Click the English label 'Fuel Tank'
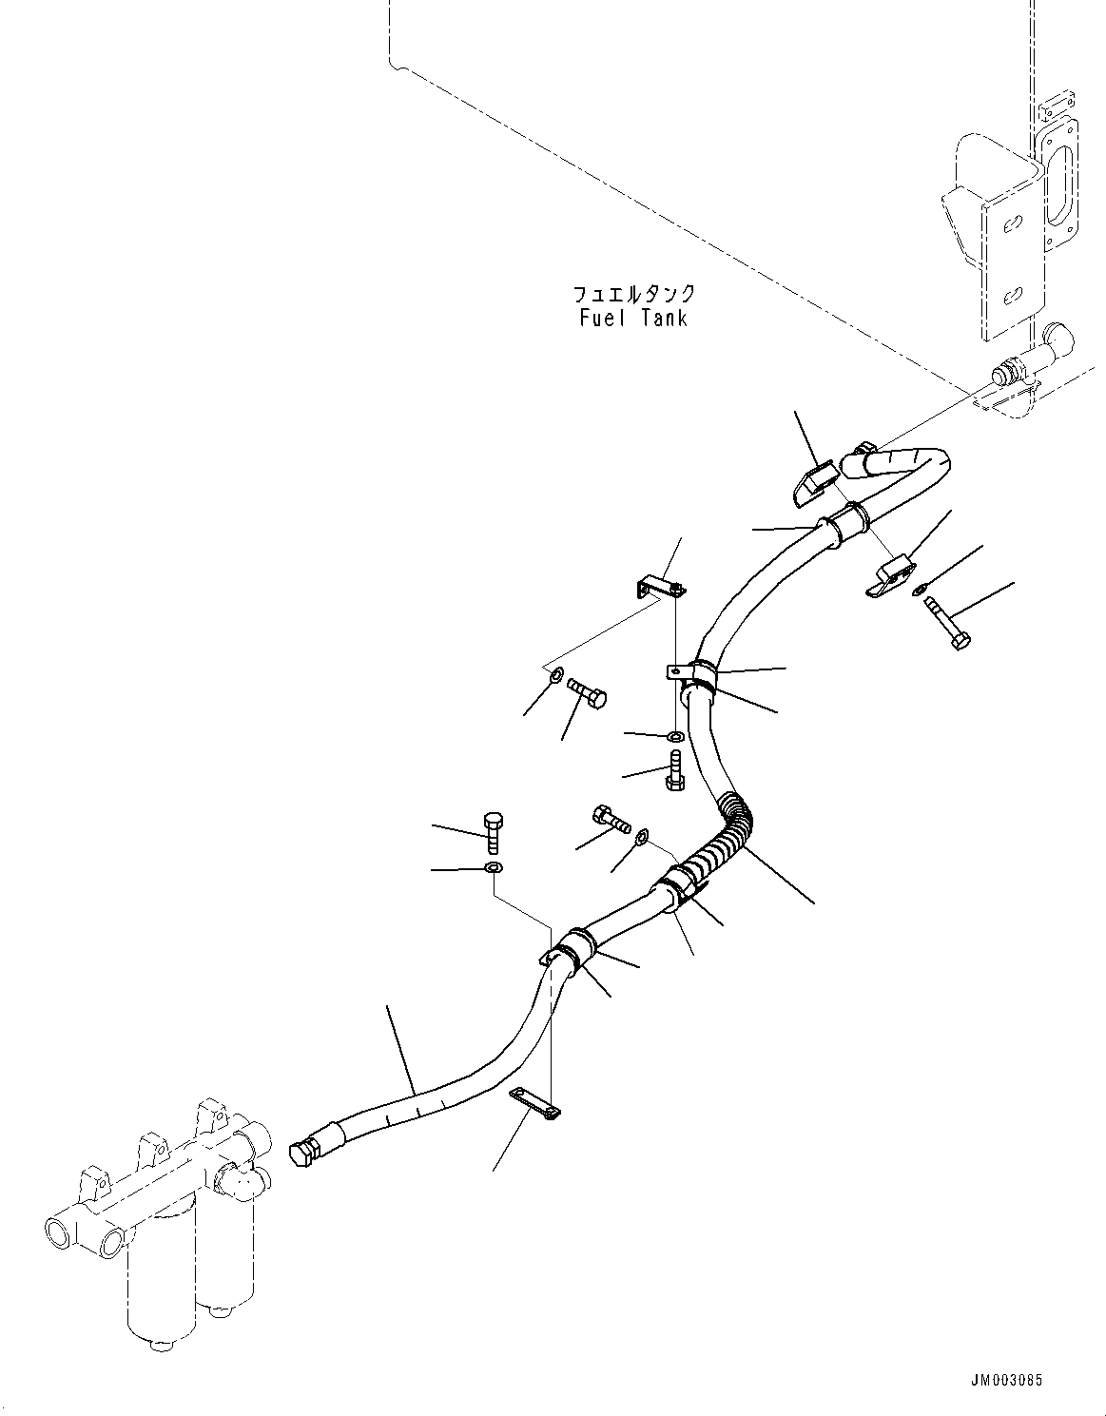[x=633, y=318]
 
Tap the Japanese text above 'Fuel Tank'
[x=633, y=294]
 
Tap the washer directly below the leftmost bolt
[x=493, y=868]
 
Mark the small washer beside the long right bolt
[x=919, y=591]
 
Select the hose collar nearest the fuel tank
[x=847, y=519]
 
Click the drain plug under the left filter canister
[x=156, y=1344]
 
